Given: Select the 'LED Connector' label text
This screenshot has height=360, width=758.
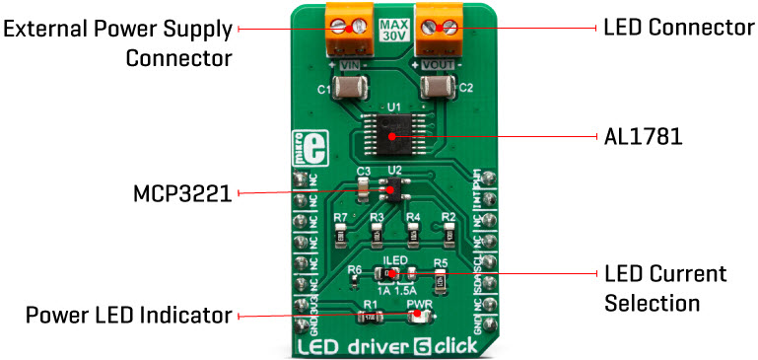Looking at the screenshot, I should pos(678,28).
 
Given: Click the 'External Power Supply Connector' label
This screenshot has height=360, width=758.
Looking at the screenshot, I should pos(117,43).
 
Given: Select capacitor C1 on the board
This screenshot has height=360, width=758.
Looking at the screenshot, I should pos(350,90).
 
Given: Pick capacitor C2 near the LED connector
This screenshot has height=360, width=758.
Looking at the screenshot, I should pos(437,90).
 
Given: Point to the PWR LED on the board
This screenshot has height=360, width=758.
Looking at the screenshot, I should pos(418,317).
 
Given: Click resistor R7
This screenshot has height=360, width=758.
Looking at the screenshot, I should pos(341,232).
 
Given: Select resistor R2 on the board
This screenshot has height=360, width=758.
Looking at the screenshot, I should pos(448,232).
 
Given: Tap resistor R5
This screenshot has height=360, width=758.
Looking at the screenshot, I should pos(442,279).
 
